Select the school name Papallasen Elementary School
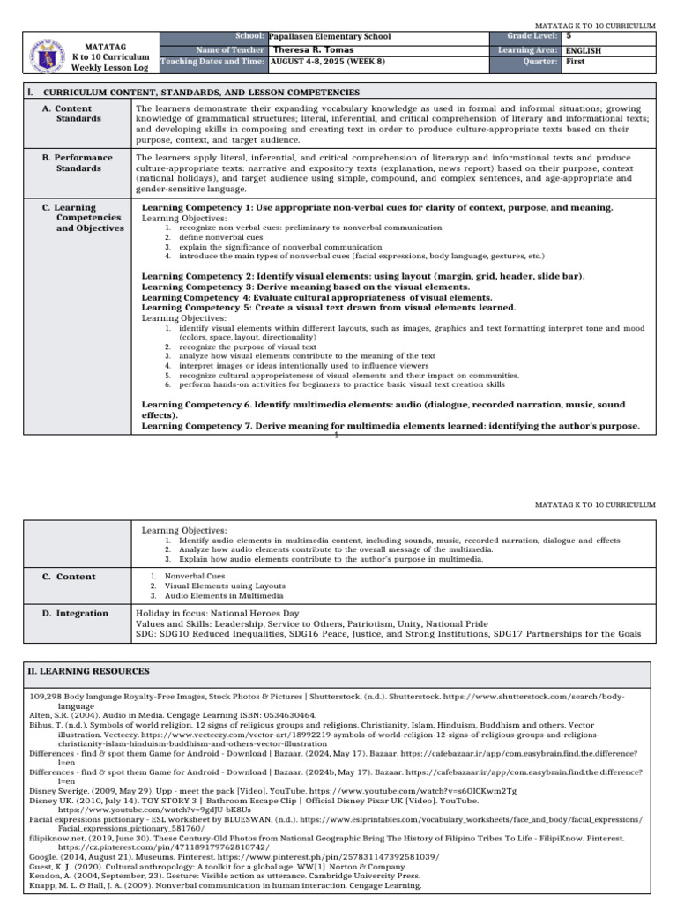coord(329,37)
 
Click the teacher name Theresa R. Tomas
coord(317,50)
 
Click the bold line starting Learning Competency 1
coord(377,207)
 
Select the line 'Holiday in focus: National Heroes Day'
coord(217,612)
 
